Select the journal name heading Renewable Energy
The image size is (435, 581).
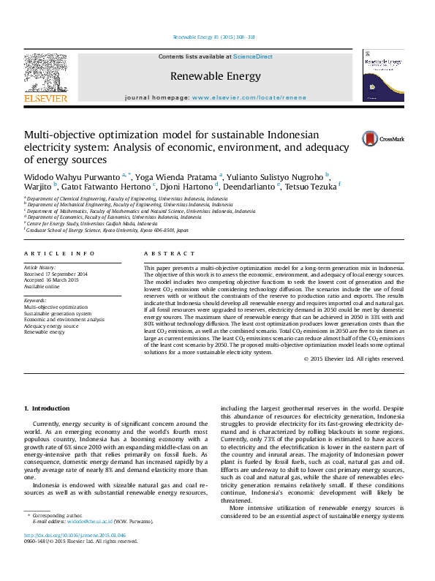215,76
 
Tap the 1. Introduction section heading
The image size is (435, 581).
47,408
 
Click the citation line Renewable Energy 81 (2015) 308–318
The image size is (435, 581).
213,37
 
